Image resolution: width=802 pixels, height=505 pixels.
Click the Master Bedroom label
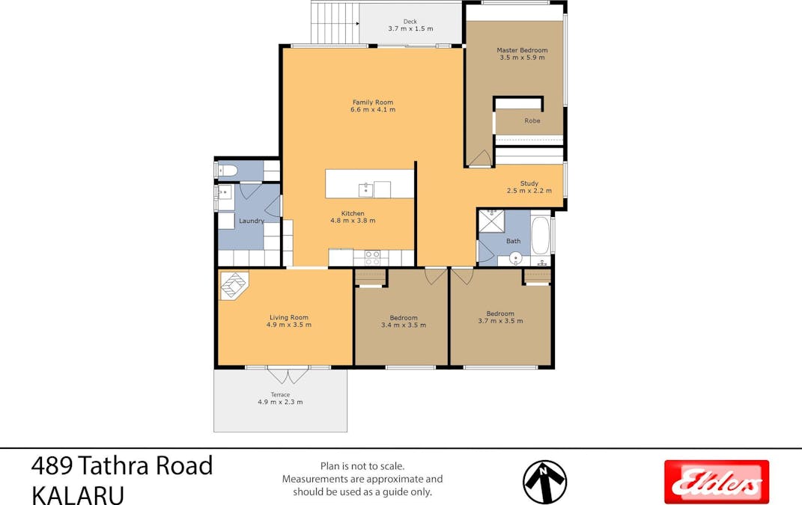pyautogui.click(x=522, y=50)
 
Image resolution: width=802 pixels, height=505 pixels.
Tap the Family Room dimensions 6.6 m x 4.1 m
pyautogui.click(x=373, y=109)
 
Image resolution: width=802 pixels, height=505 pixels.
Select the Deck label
pyautogui.click(x=410, y=22)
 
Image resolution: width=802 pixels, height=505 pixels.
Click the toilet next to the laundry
pyautogui.click(x=227, y=171)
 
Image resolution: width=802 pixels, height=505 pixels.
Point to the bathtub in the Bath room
pyautogui.click(x=540, y=236)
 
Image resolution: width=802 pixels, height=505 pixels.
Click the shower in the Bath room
pyautogui.click(x=491, y=221)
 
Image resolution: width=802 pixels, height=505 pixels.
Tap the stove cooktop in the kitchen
pyautogui.click(x=372, y=257)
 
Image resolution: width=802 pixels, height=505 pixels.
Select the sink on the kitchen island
pyautogui.click(x=365, y=189)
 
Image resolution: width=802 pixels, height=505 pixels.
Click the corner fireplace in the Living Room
pyautogui.click(x=233, y=285)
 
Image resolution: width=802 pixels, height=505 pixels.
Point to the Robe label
pyautogui.click(x=532, y=120)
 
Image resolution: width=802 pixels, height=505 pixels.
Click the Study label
pyautogui.click(x=529, y=183)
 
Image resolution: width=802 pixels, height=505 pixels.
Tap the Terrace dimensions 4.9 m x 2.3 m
pyautogui.click(x=280, y=402)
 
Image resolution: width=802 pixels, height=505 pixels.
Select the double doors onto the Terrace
pyautogui.click(x=288, y=375)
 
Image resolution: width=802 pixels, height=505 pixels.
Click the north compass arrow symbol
pyautogui.click(x=544, y=482)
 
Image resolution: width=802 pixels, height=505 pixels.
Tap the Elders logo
pyautogui.click(x=717, y=482)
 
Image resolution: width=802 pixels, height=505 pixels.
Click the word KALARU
pyautogui.click(x=78, y=495)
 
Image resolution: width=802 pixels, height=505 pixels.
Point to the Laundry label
pyautogui.click(x=252, y=221)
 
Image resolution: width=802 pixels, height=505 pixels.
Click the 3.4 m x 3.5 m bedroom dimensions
pyautogui.click(x=404, y=325)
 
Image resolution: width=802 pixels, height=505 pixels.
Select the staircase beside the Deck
pyautogui.click(x=335, y=22)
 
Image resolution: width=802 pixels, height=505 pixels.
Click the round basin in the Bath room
pyautogui.click(x=515, y=257)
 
